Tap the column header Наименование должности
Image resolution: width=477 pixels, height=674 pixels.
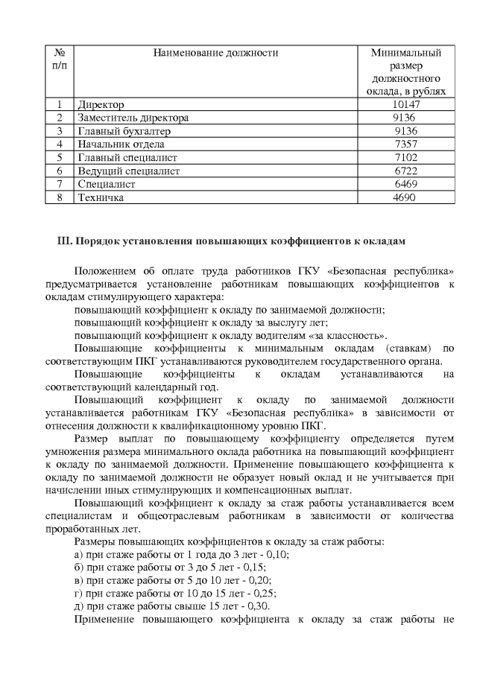click(215, 53)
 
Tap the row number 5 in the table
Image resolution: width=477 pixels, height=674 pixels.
click(59, 157)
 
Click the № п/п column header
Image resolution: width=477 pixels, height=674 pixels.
click(59, 60)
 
